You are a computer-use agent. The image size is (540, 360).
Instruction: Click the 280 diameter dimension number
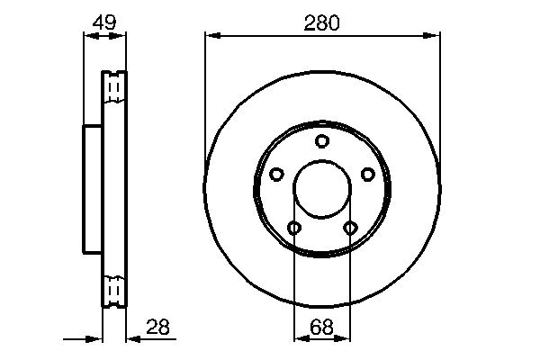coord(322,22)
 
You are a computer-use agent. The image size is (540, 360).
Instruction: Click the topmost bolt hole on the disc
coord(322,141)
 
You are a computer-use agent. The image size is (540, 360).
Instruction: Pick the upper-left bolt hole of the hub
coord(277,174)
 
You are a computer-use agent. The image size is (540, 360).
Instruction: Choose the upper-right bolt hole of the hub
coord(367,174)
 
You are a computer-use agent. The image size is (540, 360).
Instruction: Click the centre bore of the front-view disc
coord(322,189)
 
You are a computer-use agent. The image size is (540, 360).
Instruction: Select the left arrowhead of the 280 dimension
coord(211,36)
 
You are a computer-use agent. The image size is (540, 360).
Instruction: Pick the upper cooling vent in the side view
coord(114,87)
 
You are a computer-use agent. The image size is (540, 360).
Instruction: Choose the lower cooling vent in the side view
coord(114,291)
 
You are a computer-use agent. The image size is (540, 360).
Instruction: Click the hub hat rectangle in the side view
coord(93,189)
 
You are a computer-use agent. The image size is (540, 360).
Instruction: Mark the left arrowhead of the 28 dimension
coord(96,338)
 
